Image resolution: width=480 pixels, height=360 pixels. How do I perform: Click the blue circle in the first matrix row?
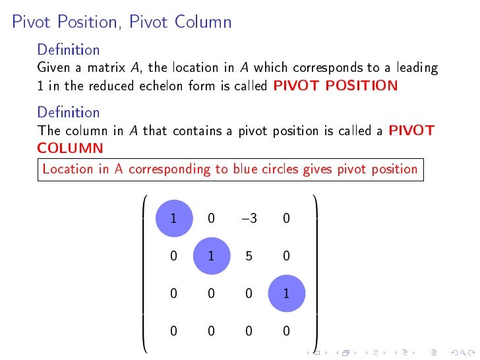(173, 218)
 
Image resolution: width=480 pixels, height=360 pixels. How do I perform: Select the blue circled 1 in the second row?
(211, 256)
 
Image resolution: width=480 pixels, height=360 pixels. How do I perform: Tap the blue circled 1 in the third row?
(286, 294)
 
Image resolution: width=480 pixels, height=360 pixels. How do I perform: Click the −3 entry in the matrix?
(248, 218)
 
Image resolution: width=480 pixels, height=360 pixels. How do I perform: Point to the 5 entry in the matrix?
(249, 256)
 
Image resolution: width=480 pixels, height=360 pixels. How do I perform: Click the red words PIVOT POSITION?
(335, 86)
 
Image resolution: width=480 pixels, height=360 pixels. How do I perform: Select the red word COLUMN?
(71, 148)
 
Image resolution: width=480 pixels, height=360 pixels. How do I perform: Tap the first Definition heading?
(69, 49)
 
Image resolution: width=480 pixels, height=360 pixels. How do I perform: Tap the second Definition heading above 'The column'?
(69, 112)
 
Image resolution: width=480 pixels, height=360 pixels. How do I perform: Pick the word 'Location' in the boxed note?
(68, 169)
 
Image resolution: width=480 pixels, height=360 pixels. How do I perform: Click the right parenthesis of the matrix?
(315, 270)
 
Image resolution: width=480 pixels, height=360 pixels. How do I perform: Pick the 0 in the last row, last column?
(286, 332)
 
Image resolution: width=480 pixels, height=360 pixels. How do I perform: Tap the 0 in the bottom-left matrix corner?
(173, 332)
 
